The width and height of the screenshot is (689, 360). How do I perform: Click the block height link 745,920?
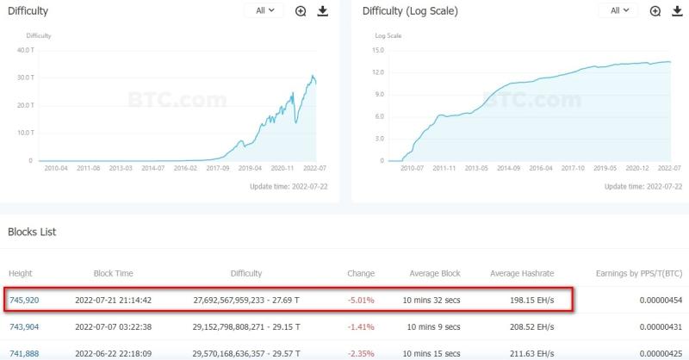[x=23, y=300]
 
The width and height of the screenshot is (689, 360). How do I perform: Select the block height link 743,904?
[x=23, y=326]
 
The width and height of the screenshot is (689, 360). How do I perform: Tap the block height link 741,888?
[x=23, y=353]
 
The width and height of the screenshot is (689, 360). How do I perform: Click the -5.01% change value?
[x=360, y=300]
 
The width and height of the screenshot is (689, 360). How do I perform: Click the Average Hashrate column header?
[x=522, y=273]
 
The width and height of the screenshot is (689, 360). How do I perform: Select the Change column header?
[x=360, y=273]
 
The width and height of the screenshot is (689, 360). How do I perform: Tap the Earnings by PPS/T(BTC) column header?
[x=638, y=273]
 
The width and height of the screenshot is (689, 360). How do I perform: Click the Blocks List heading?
[x=32, y=232]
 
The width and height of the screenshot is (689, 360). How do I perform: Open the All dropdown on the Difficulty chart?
[x=264, y=10]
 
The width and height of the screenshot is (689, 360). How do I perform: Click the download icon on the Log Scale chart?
[x=678, y=11]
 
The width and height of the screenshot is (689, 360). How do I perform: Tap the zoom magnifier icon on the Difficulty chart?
[x=301, y=11]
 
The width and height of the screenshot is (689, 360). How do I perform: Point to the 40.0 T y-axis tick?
[x=24, y=49]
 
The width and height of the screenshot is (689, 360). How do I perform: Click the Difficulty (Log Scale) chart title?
[x=410, y=11]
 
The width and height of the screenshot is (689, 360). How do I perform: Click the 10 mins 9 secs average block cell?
[x=431, y=326]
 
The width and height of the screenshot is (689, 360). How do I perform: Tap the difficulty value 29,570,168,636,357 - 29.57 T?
[x=246, y=353]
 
